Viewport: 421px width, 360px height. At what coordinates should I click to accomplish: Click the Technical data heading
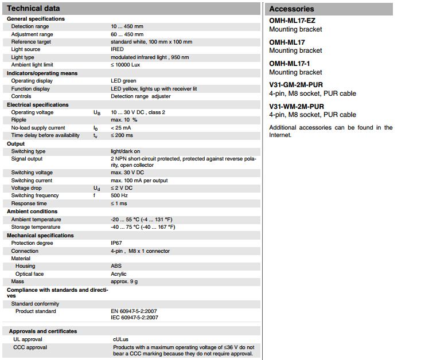click(x=33, y=9)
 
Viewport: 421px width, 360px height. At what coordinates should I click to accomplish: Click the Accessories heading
click(x=291, y=9)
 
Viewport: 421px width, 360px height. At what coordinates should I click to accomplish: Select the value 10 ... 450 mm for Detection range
click(x=127, y=26)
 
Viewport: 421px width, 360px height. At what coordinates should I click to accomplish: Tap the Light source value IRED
click(x=117, y=49)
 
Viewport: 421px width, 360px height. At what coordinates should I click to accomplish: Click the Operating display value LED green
click(x=123, y=81)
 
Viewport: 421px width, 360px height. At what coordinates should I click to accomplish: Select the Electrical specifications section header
click(x=38, y=105)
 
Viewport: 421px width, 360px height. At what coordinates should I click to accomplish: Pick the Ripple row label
click(x=19, y=120)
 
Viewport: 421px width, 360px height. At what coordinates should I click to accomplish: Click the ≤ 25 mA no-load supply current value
click(x=122, y=128)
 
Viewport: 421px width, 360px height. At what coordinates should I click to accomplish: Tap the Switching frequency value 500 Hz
click(x=119, y=195)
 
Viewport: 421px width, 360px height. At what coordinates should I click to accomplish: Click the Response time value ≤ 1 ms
click(x=119, y=204)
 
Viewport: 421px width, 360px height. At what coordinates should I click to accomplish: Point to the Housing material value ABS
click(x=116, y=266)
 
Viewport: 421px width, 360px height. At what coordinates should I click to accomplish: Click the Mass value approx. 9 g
click(x=124, y=281)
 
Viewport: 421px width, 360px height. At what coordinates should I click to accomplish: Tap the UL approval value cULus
click(x=120, y=339)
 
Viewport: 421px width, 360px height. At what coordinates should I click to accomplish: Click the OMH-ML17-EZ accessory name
click(x=292, y=21)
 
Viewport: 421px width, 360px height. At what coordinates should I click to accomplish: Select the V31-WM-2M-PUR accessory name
click(x=297, y=107)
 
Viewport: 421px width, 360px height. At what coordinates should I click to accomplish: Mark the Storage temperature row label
click(x=36, y=227)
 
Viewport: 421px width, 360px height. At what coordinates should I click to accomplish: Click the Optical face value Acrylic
click(x=118, y=274)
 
